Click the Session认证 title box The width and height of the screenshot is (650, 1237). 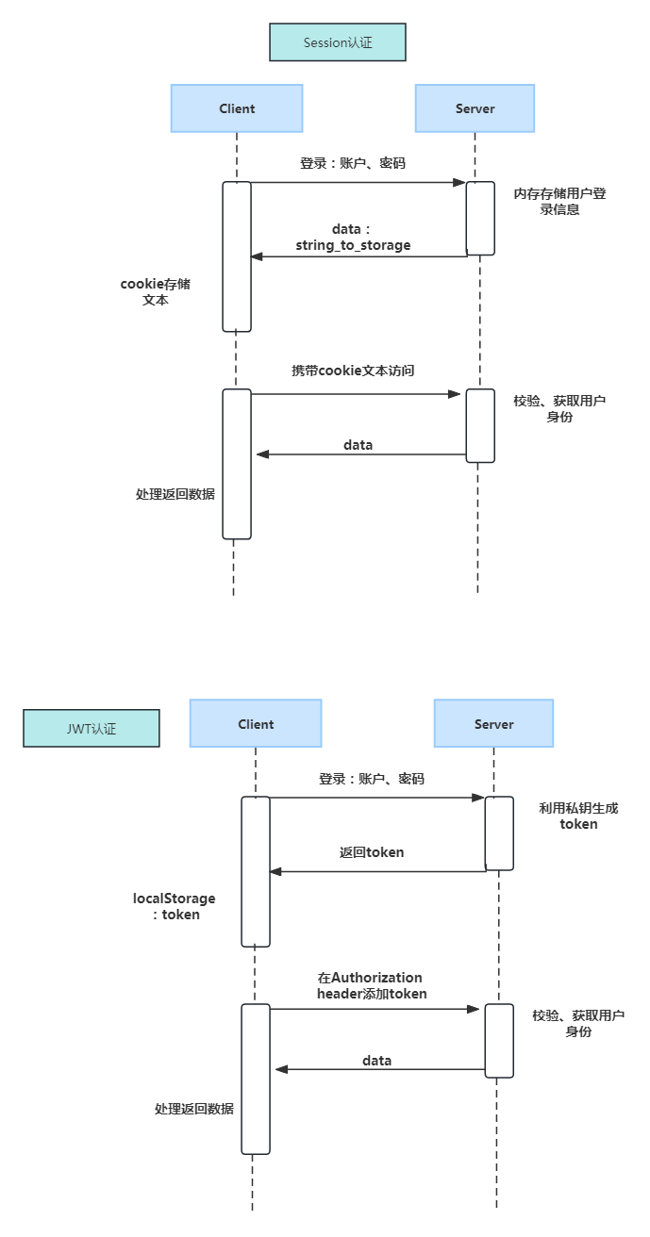(x=337, y=43)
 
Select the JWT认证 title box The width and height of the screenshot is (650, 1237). (x=92, y=729)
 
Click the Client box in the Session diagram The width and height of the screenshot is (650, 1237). (x=237, y=108)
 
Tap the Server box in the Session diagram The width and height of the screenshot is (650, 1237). (x=475, y=108)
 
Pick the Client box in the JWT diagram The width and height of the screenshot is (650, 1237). (x=256, y=724)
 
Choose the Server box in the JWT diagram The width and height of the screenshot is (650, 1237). (x=493, y=724)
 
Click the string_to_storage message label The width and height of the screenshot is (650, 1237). (x=353, y=245)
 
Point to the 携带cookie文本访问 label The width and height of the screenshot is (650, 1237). (x=353, y=371)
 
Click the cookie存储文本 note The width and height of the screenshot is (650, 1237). (x=156, y=291)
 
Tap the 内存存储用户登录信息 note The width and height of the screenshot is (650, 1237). (x=559, y=201)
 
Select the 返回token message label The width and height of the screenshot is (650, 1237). (x=372, y=852)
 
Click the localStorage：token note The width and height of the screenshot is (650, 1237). (x=175, y=906)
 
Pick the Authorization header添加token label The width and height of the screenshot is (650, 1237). (x=371, y=985)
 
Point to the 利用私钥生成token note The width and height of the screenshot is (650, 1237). (x=578, y=816)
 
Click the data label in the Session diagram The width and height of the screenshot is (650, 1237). (x=358, y=444)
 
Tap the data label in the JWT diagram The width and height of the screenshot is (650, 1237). (x=376, y=1061)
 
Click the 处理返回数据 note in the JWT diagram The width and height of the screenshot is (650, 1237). (x=194, y=1109)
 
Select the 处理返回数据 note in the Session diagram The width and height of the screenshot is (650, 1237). (x=175, y=494)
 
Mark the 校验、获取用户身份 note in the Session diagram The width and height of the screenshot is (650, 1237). (x=559, y=408)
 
